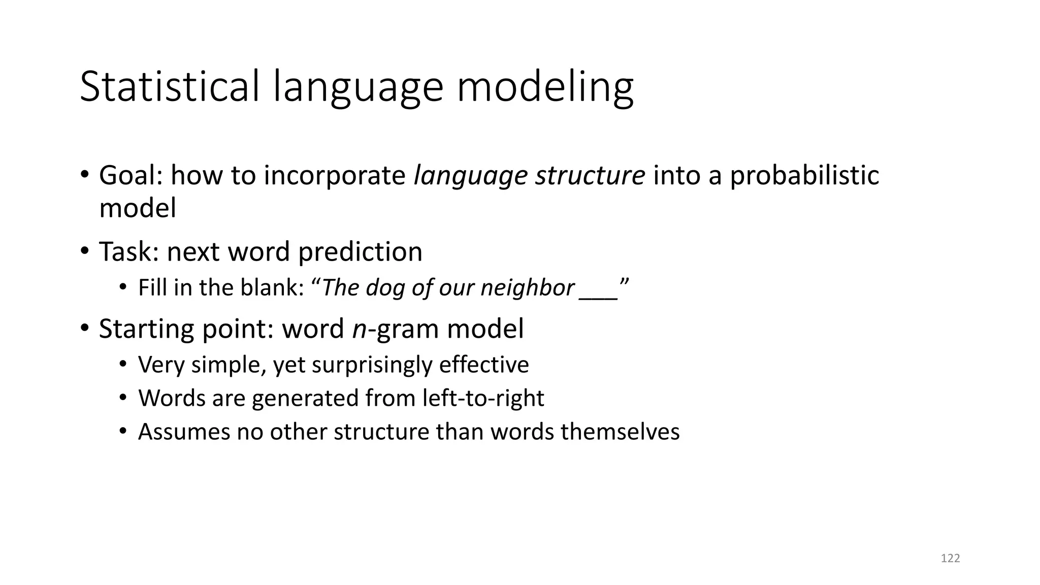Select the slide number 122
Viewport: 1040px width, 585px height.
coord(950,559)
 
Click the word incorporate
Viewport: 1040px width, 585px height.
coord(334,176)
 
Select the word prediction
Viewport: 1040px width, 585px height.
coord(360,252)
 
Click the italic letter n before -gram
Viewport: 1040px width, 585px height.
coord(359,329)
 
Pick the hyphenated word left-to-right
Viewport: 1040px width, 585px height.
coord(483,398)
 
